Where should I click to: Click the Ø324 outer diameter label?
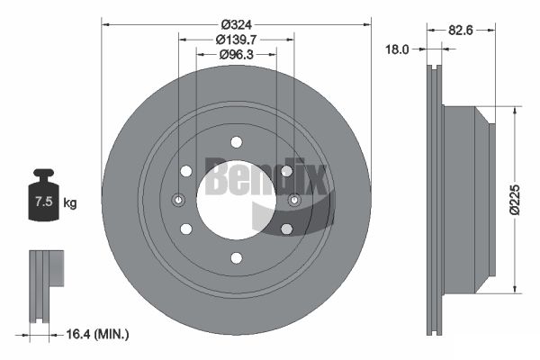[x=237, y=25]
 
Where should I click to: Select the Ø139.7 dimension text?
[x=236, y=40]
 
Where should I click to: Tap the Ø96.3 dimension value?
[x=236, y=54]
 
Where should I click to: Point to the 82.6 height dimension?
[x=461, y=31]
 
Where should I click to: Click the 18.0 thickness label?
[x=397, y=49]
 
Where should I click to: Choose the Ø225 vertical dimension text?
[x=515, y=200]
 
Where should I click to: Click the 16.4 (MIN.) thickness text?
[x=97, y=334]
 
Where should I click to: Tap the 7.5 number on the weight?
[x=44, y=202]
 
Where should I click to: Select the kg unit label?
[x=70, y=203]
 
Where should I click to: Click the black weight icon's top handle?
[x=43, y=172]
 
